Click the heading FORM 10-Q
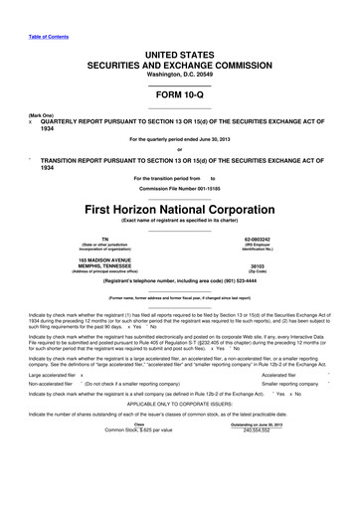(x=179, y=94)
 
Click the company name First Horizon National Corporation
(x=180, y=212)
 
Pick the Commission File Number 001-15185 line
(x=179, y=189)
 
